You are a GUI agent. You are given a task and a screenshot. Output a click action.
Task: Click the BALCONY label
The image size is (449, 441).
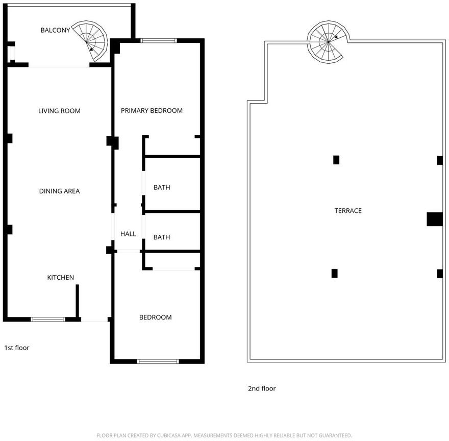point(55,30)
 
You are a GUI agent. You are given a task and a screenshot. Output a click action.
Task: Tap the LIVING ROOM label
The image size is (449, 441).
point(59,111)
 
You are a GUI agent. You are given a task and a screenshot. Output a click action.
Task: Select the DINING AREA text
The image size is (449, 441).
point(59,191)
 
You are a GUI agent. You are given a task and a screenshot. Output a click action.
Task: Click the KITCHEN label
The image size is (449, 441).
point(60,277)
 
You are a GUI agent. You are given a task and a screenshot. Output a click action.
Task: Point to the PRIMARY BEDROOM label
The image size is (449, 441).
point(152,111)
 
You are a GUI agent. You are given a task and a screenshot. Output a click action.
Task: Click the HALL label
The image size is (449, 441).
point(128,234)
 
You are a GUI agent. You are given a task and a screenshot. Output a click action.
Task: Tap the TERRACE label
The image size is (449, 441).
point(348,211)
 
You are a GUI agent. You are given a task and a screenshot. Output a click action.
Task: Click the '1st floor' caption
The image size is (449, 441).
point(17,348)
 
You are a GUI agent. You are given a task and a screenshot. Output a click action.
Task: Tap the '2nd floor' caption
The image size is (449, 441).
point(262,388)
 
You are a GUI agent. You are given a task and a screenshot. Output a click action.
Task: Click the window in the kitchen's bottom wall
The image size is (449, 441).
point(48,319)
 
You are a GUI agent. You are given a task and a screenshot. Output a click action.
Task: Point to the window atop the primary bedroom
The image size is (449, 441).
point(159,40)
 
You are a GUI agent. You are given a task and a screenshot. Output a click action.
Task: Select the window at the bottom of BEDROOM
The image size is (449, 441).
point(158,361)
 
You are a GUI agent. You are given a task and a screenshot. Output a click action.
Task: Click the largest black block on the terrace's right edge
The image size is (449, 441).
point(435,219)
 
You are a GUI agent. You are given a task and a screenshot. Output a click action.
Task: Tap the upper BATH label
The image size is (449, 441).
point(162,187)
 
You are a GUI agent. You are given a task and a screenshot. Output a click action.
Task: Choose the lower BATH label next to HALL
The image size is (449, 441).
point(162,237)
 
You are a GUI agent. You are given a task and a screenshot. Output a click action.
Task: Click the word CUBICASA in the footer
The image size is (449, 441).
point(169,435)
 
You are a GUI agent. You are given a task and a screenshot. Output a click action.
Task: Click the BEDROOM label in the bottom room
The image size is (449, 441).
point(156,317)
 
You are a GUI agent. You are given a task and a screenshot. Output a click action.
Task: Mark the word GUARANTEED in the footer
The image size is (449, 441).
point(335,435)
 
